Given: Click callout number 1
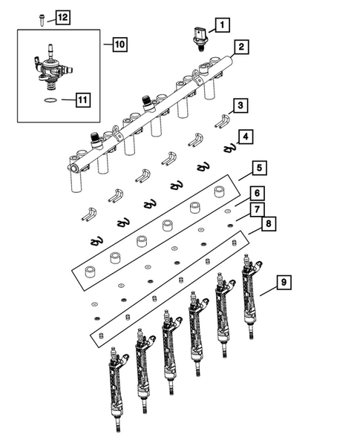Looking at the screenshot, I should click(x=221, y=27).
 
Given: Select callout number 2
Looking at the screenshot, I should click(x=241, y=49).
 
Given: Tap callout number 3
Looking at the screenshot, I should click(x=242, y=106).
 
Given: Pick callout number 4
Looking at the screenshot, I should click(x=245, y=136).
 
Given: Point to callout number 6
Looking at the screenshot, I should click(x=253, y=192).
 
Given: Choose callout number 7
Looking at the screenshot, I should click(x=254, y=208).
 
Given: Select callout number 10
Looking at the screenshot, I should click(x=120, y=45).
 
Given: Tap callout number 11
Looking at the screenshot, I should click(x=82, y=96).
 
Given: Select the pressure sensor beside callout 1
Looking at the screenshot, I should click(x=200, y=36).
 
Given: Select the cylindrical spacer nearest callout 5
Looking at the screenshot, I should click(x=219, y=192).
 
